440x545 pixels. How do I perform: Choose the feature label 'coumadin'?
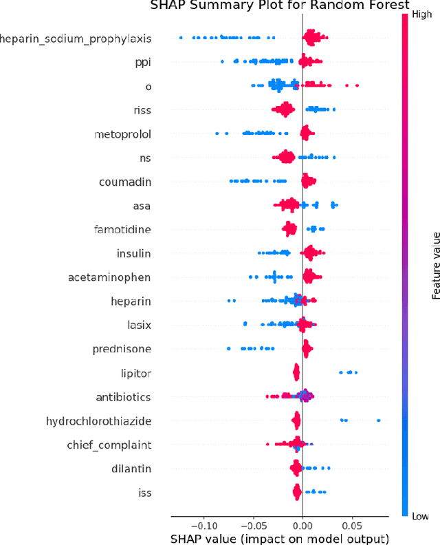point(125,182)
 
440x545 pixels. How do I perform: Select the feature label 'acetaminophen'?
point(109,277)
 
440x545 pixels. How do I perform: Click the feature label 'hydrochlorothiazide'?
point(98,420)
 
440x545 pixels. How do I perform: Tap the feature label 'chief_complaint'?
point(109,445)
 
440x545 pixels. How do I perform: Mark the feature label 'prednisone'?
point(122,349)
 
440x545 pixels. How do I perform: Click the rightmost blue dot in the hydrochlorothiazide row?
point(378,420)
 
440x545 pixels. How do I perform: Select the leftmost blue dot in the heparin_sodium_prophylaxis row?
point(181,37)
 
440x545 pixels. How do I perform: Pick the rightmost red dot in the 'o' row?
point(357,85)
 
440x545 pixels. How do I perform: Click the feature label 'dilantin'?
point(131,469)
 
